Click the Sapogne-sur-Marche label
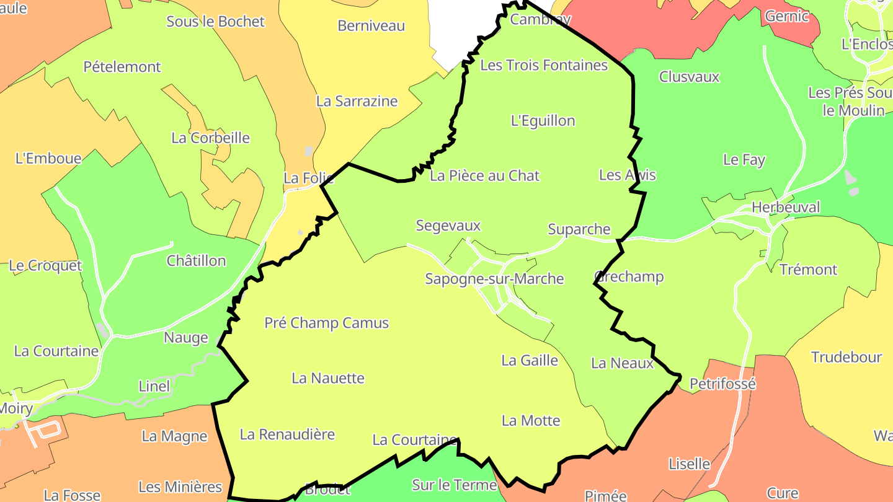[x=494, y=279]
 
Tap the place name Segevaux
[x=448, y=226]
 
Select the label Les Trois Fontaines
[x=544, y=65]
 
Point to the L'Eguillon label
[x=543, y=121]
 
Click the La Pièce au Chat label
[x=484, y=176]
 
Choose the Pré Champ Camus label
[x=326, y=323]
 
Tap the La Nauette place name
[x=328, y=378]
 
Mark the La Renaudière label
[x=287, y=434]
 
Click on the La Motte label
[x=531, y=421]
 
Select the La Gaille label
[x=530, y=361]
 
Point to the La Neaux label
[x=622, y=363]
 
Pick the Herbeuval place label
[x=786, y=208]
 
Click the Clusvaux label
[x=689, y=77]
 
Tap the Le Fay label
[x=744, y=160]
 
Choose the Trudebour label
[x=846, y=358]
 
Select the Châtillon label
[x=196, y=261]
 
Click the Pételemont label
[x=122, y=67]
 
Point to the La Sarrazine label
[x=357, y=101]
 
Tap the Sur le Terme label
[x=455, y=485]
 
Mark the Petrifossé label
[x=722, y=384]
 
